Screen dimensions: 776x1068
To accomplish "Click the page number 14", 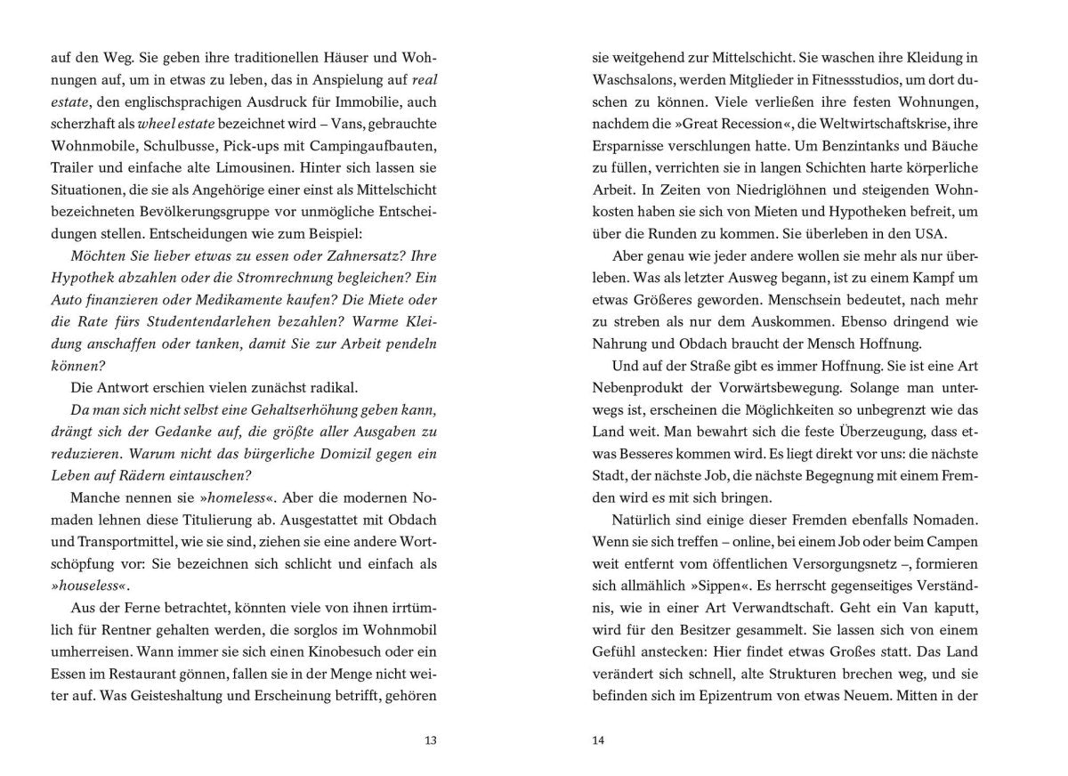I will click(x=598, y=740).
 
